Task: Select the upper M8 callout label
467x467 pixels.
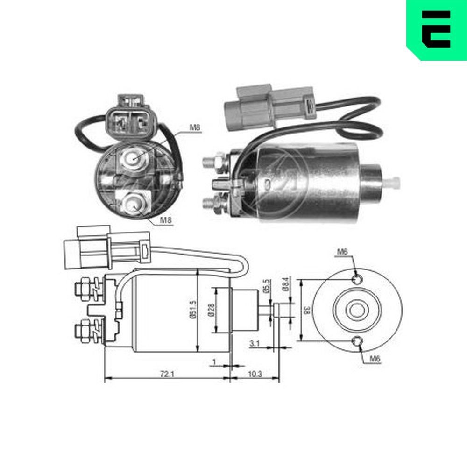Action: (195, 127)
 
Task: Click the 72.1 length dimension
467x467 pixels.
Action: (165, 374)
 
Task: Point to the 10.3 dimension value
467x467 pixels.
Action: (255, 374)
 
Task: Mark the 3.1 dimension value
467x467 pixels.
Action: (255, 344)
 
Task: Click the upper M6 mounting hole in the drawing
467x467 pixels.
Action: (357, 279)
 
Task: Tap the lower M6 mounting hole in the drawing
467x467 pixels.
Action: (357, 341)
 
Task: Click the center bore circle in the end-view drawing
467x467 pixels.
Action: (358, 310)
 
